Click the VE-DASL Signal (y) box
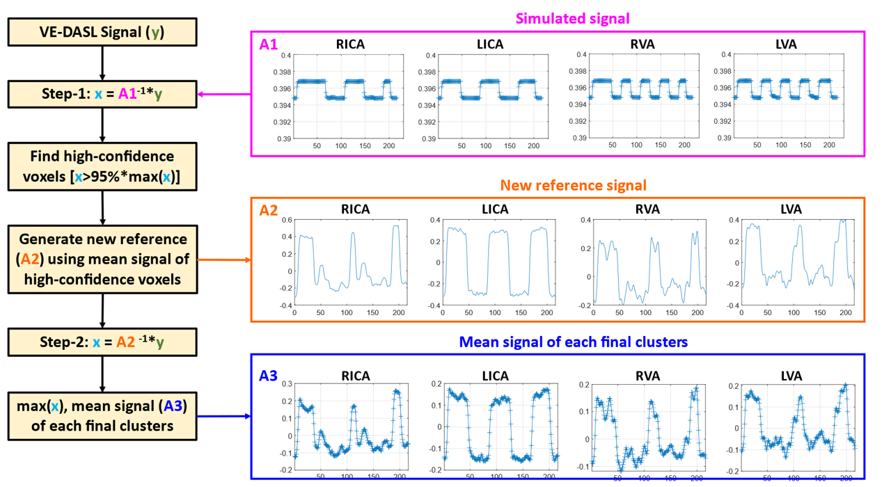[x=102, y=32]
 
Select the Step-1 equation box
[x=102, y=94]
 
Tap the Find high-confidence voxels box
[x=102, y=166]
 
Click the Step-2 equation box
[x=102, y=342]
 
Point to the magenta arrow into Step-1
[x=224, y=94]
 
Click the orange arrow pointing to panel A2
[x=224, y=260]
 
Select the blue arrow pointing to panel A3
[x=224, y=416]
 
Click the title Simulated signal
[x=572, y=19]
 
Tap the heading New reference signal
[x=573, y=185]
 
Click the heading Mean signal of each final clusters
[x=573, y=342]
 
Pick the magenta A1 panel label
[x=269, y=45]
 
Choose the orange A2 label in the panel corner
[x=269, y=210]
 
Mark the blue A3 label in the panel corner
[x=269, y=376]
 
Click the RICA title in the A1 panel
[x=350, y=44]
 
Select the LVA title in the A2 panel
[x=791, y=209]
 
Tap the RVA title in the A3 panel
[x=647, y=376]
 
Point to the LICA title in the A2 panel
[x=495, y=209]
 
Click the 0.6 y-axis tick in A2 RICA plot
[x=287, y=220]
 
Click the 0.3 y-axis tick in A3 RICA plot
[x=287, y=384]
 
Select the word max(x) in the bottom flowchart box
[x=38, y=406]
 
